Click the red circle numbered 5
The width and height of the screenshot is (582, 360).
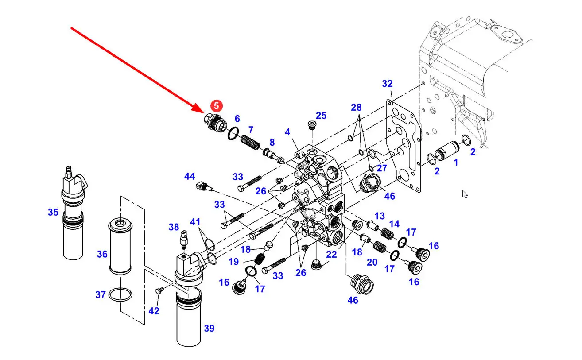point(217,106)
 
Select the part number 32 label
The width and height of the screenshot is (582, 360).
point(387,84)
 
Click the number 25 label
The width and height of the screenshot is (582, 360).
point(321,116)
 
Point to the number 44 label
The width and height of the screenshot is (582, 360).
point(190,177)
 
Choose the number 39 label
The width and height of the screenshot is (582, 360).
point(209,328)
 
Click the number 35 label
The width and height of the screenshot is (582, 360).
point(53,212)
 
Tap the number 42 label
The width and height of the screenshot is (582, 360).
point(154,311)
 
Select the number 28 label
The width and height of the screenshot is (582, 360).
point(356,107)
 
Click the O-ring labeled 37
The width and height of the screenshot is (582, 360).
point(120,295)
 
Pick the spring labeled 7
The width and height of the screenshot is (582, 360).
point(250,143)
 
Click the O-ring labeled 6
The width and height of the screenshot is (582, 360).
point(233,134)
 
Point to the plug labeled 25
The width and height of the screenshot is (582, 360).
point(311,125)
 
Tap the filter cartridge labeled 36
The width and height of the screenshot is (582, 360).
point(120,246)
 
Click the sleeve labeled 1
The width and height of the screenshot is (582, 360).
point(447,151)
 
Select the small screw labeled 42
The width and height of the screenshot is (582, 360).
point(159,290)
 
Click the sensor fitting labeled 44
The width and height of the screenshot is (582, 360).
point(205,186)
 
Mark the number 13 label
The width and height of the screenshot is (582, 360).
point(380,216)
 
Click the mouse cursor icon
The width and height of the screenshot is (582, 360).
point(465,194)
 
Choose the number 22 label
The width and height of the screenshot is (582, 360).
point(332,254)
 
